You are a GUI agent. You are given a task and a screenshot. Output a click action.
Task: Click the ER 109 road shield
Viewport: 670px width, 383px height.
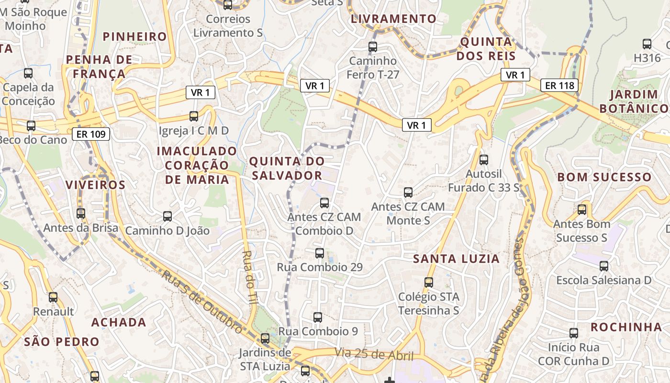click(91, 134)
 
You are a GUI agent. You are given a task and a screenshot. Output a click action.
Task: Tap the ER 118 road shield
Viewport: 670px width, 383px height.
click(559, 86)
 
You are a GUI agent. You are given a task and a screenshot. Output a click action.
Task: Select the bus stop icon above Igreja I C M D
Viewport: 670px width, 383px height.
click(194, 116)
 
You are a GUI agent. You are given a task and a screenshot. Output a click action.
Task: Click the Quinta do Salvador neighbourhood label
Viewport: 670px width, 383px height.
click(287, 168)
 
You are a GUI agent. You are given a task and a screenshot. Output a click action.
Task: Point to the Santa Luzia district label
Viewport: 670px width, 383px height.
click(456, 259)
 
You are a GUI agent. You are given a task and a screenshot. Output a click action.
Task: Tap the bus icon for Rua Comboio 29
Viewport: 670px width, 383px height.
click(320, 253)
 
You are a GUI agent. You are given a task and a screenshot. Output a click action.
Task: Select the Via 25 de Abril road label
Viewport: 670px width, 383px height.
click(374, 355)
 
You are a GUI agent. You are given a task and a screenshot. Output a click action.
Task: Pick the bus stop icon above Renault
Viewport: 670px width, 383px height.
click(53, 297)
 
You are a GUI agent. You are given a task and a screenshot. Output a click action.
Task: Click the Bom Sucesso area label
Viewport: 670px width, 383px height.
click(604, 177)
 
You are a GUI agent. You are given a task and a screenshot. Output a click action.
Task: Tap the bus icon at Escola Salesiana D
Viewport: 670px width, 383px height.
click(604, 266)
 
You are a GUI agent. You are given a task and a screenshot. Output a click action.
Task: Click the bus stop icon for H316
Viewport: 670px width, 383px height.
click(647, 44)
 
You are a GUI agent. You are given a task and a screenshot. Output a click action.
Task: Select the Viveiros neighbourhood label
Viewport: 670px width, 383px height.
click(95, 185)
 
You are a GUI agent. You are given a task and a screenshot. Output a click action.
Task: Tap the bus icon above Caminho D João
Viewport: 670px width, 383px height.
click(167, 216)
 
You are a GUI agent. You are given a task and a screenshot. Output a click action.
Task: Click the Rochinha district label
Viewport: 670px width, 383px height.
click(626, 327)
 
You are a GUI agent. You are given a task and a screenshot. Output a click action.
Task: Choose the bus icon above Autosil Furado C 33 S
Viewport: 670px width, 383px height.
click(484, 159)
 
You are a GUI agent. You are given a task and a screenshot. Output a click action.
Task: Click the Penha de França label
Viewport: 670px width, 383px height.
click(96, 67)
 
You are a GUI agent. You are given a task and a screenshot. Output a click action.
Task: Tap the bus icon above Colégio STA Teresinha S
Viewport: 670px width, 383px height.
click(429, 282)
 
